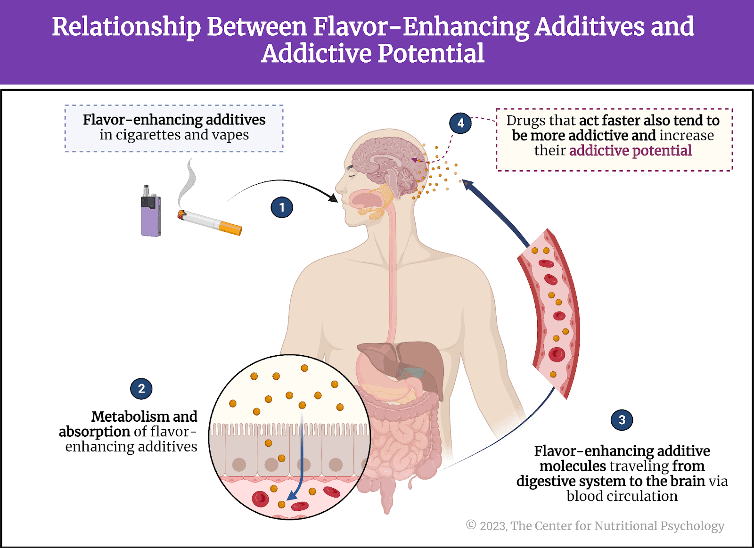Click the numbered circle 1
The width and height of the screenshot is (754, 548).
click(x=282, y=207)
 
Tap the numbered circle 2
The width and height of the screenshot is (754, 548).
click(x=141, y=389)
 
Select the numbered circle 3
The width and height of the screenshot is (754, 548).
click(x=622, y=420)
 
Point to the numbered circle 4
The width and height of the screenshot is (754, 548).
click(x=460, y=123)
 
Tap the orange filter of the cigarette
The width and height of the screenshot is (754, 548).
click(x=230, y=228)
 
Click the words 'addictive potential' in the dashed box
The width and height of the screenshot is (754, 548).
click(x=631, y=151)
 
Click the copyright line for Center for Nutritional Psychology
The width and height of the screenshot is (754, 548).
click(x=595, y=525)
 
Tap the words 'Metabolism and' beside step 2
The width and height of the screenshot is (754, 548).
click(x=144, y=417)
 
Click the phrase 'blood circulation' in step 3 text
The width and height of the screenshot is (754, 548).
click(x=622, y=496)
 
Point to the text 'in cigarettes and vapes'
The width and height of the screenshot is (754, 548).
click(x=174, y=135)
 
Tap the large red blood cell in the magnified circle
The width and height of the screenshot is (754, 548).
click(x=260, y=499)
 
